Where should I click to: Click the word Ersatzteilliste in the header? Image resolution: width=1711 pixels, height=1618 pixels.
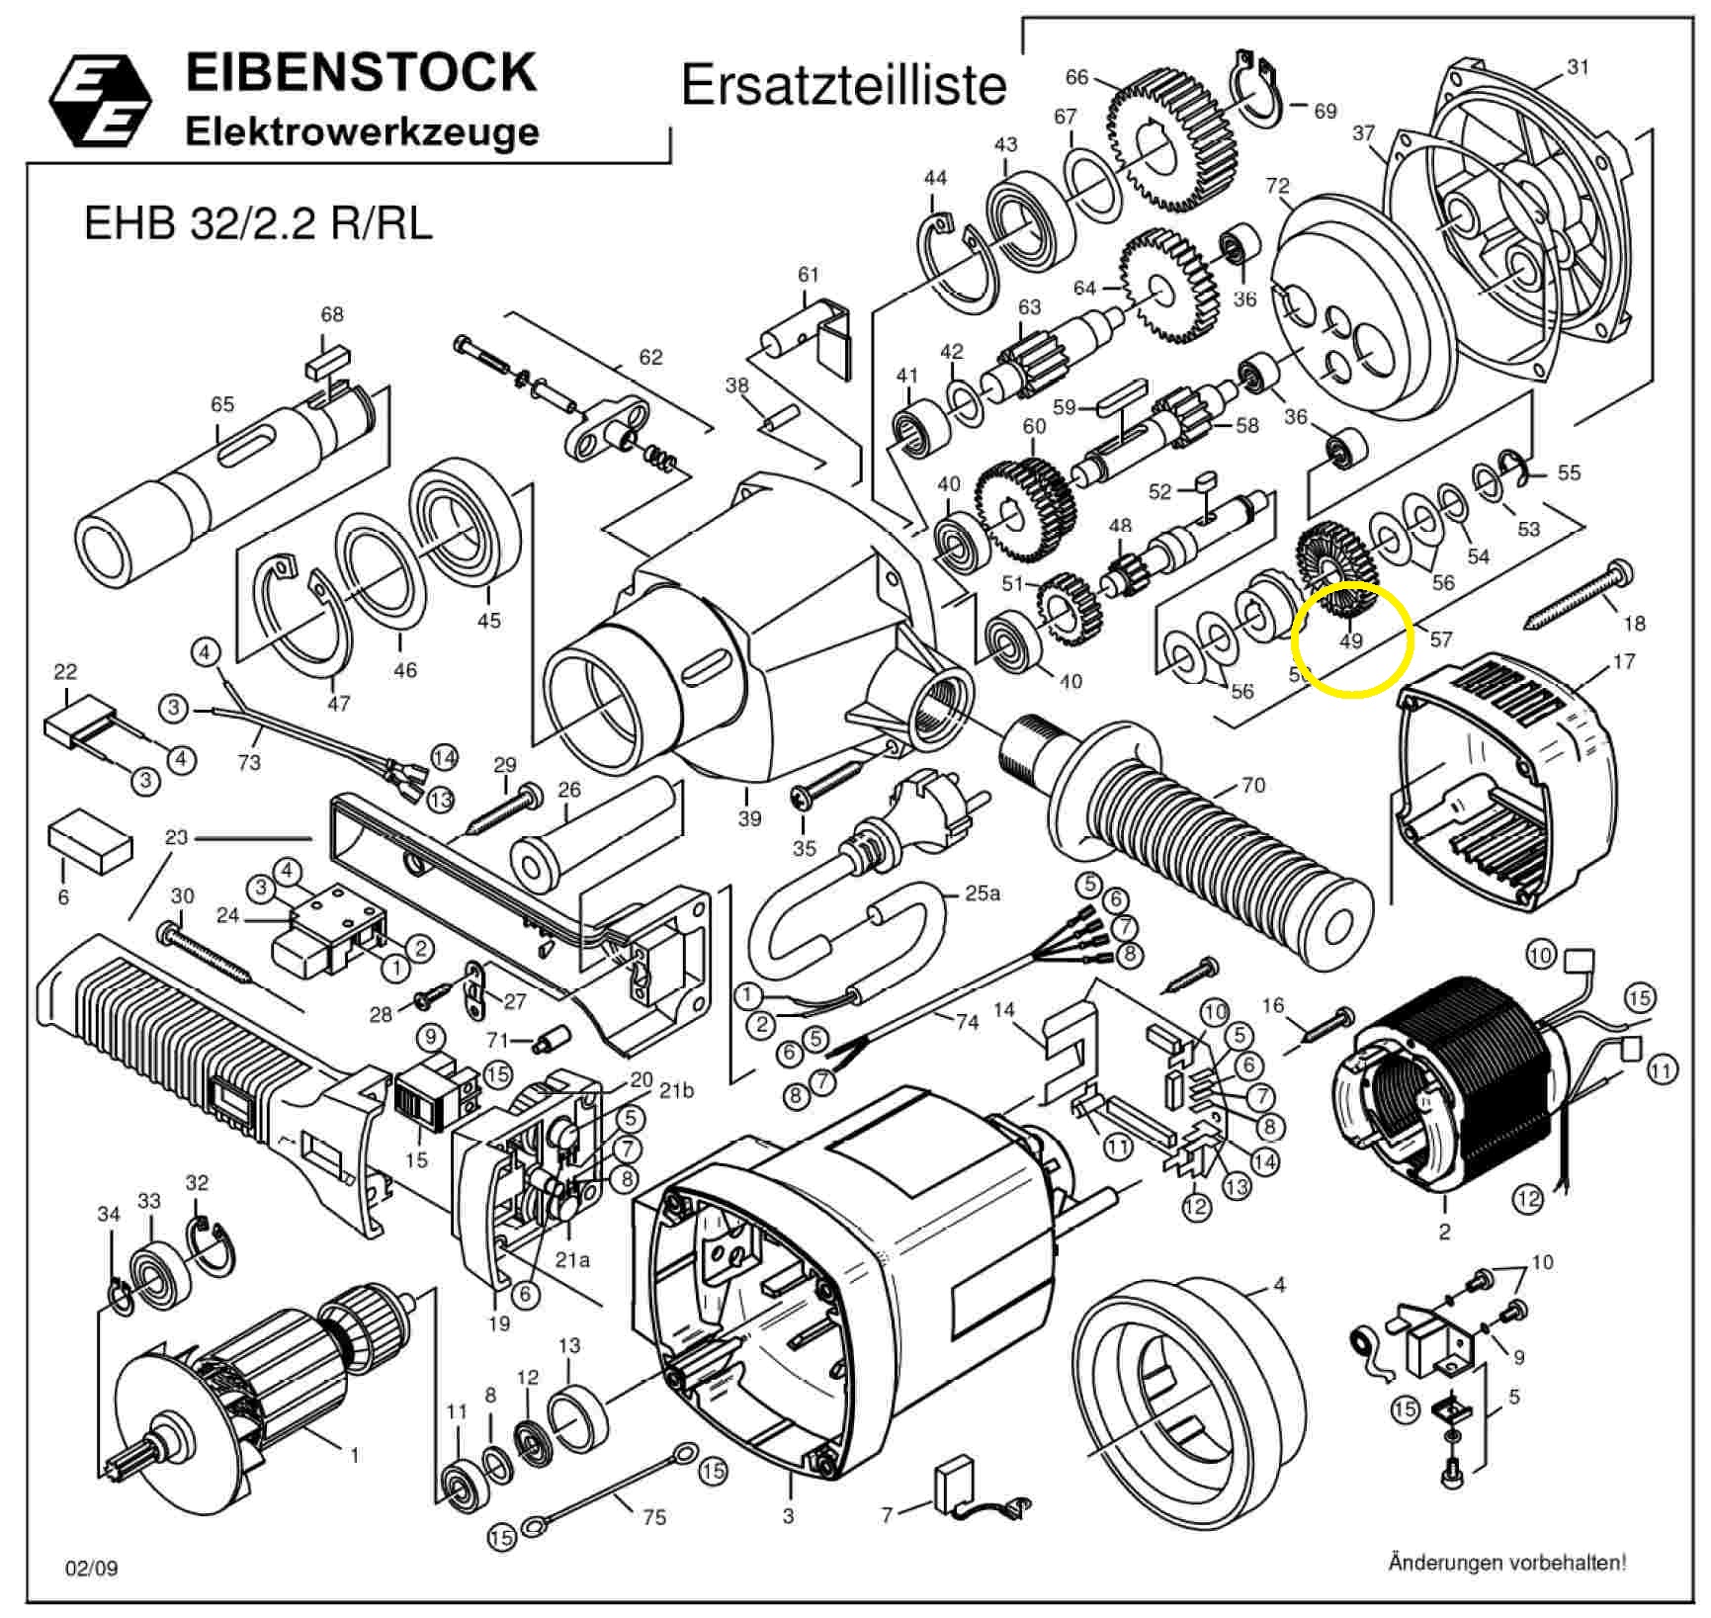tap(844, 85)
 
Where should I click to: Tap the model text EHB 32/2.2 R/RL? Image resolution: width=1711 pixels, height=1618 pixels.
tap(258, 223)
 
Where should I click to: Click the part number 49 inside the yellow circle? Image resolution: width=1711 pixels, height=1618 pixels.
tap(1350, 640)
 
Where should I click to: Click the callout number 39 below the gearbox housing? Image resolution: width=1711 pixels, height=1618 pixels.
tap(749, 817)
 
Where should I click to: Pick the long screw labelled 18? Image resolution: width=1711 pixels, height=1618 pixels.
tap(1577, 597)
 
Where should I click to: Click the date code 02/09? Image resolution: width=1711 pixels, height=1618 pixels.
tap(91, 1569)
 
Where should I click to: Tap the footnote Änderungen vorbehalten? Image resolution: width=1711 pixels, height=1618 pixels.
tap(1506, 1563)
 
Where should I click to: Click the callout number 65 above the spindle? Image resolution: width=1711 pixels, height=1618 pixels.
tap(222, 404)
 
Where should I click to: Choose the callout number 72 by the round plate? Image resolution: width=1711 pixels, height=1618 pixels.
tap(1278, 186)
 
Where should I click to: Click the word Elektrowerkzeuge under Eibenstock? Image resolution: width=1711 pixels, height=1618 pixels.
tap(362, 131)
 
